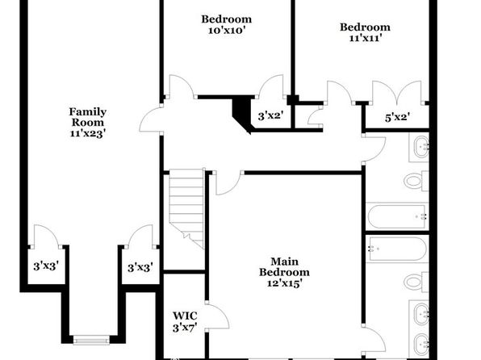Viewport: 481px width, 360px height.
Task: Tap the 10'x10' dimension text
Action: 227,31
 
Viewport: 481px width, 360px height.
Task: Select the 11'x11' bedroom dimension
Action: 365,38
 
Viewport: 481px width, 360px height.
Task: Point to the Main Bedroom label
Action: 284,267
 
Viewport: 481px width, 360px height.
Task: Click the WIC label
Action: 185,316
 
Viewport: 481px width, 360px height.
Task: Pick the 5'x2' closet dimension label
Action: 398,117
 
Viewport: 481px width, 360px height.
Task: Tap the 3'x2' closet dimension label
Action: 270,116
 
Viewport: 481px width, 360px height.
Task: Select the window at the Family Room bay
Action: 91,340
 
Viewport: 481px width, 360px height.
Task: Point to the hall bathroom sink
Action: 420,148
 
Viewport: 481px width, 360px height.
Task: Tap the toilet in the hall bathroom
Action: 416,181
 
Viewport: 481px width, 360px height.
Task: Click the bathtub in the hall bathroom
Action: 397,216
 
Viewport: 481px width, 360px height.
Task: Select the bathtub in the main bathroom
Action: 397,249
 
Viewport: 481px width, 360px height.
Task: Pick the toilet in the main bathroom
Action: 416,282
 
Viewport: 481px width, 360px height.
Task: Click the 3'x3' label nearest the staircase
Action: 140,268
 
